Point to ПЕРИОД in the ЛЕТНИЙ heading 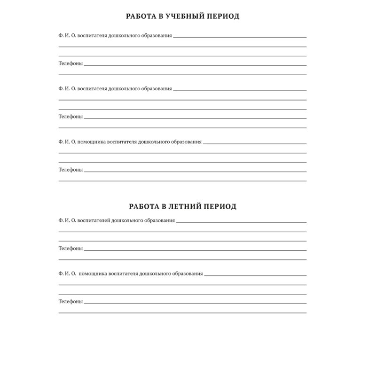point(222,206)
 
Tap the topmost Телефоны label point(70,63)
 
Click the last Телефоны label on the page point(70,301)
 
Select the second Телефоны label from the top point(70,117)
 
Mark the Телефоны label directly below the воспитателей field point(70,248)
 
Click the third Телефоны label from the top point(70,170)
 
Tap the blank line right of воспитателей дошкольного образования point(241,222)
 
